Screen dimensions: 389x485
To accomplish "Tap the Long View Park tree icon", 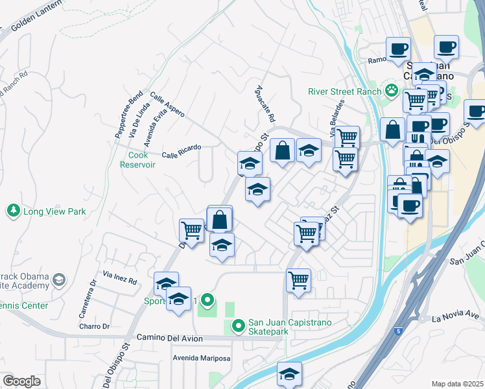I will coord(13,211).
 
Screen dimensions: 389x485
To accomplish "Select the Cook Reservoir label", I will coord(137,159).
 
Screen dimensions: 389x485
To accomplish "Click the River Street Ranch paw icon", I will coord(391,89).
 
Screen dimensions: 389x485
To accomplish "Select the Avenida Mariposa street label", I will coord(202,359).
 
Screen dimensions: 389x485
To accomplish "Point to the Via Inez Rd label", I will coord(120,279).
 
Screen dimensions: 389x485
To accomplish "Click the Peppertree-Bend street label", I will coord(128,115).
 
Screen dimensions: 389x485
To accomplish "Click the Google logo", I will coord(21,381).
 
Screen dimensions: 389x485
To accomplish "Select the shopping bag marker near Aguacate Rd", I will coord(282,152).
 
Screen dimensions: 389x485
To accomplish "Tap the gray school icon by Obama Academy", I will coord(59,280).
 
